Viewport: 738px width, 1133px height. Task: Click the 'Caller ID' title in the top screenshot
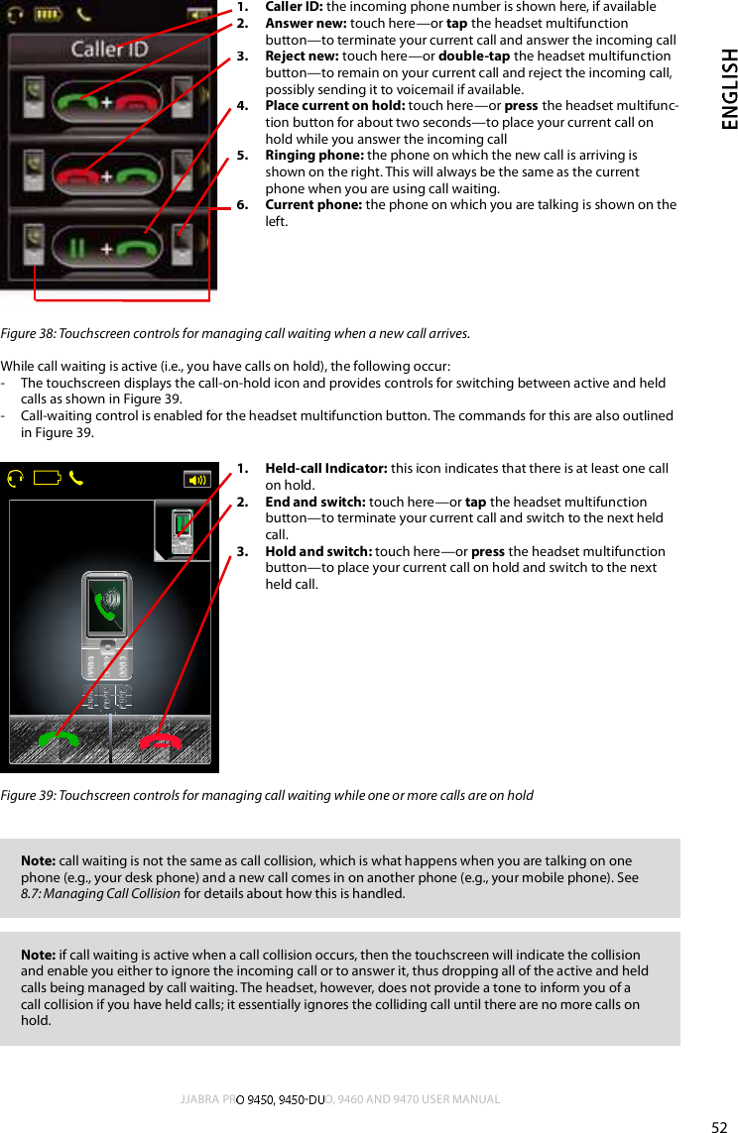click(109, 49)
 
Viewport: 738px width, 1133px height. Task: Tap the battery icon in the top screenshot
click(48, 15)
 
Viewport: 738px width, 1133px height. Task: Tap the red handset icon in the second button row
click(78, 175)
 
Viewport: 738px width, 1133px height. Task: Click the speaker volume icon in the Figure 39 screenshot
click(197, 480)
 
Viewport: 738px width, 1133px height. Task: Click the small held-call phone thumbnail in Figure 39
click(182, 531)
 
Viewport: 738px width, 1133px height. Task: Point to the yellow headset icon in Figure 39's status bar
click(15, 479)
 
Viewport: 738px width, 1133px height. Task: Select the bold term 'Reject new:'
click(302, 57)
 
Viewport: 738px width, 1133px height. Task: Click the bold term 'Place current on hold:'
click(335, 106)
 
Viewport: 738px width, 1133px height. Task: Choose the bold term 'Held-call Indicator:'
click(326, 469)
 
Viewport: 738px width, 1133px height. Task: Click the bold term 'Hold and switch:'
click(318, 552)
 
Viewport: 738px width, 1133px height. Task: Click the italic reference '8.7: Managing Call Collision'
click(101, 894)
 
